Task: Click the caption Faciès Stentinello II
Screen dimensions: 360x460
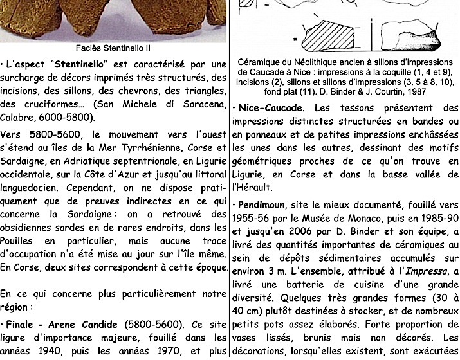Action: [114, 47]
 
